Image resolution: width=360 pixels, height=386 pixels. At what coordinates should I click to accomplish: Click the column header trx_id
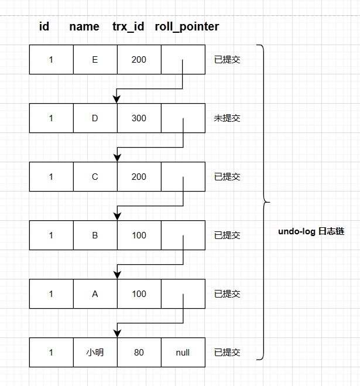click(128, 27)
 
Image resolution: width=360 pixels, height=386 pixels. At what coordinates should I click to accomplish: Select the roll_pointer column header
click(187, 27)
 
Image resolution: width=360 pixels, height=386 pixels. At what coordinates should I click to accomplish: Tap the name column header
click(84, 27)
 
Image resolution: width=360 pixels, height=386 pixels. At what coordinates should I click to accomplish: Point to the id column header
click(44, 27)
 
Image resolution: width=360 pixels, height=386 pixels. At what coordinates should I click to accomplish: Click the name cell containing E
click(95, 60)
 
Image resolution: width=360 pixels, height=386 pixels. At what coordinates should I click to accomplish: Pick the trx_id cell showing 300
click(139, 118)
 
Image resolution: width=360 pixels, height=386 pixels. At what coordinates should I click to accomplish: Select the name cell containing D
click(95, 118)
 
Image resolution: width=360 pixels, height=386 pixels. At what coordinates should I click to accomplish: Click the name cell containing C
click(95, 177)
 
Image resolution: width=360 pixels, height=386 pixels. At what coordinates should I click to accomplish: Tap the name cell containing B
click(95, 235)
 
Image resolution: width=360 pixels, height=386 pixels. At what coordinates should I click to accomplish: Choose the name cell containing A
click(95, 294)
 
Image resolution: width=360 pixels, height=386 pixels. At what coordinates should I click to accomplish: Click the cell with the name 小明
click(95, 353)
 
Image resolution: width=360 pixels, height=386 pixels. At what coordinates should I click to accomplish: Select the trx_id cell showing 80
click(139, 353)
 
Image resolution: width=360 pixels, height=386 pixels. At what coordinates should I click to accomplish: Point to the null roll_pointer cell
click(183, 353)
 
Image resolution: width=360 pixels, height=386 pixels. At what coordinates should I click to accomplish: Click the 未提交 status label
click(227, 118)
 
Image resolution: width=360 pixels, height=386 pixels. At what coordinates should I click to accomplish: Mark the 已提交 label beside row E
click(227, 60)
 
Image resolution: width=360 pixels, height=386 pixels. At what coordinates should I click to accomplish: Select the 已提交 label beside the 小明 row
click(227, 353)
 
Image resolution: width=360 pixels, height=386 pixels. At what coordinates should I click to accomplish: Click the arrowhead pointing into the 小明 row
click(117, 333)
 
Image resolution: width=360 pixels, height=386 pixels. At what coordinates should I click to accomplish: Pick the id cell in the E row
click(51, 60)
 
